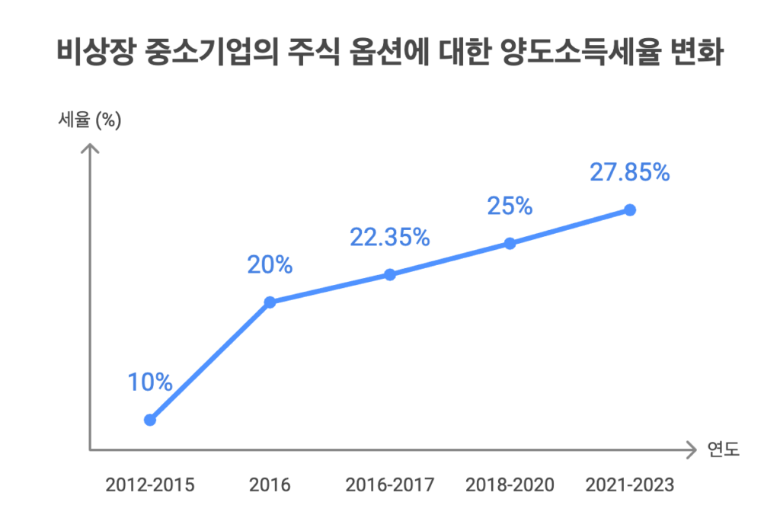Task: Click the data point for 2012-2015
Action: coord(150,420)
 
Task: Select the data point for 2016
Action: coord(270,302)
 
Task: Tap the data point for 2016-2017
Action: coord(390,275)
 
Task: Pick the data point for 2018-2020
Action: coord(510,244)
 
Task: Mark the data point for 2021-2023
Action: coord(630,210)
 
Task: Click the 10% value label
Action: coord(150,382)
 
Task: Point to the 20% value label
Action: coord(270,265)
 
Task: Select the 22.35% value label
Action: coord(390,237)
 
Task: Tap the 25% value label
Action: coord(510,206)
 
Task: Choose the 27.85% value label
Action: coord(630,172)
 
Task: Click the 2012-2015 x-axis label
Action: coord(150,485)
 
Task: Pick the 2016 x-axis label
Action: coord(270,485)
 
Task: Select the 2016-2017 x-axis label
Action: coord(390,485)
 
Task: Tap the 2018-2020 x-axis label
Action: coord(510,485)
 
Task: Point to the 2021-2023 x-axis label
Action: coord(630,485)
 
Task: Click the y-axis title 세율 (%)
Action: coord(90,120)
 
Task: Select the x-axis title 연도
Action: coord(723,449)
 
